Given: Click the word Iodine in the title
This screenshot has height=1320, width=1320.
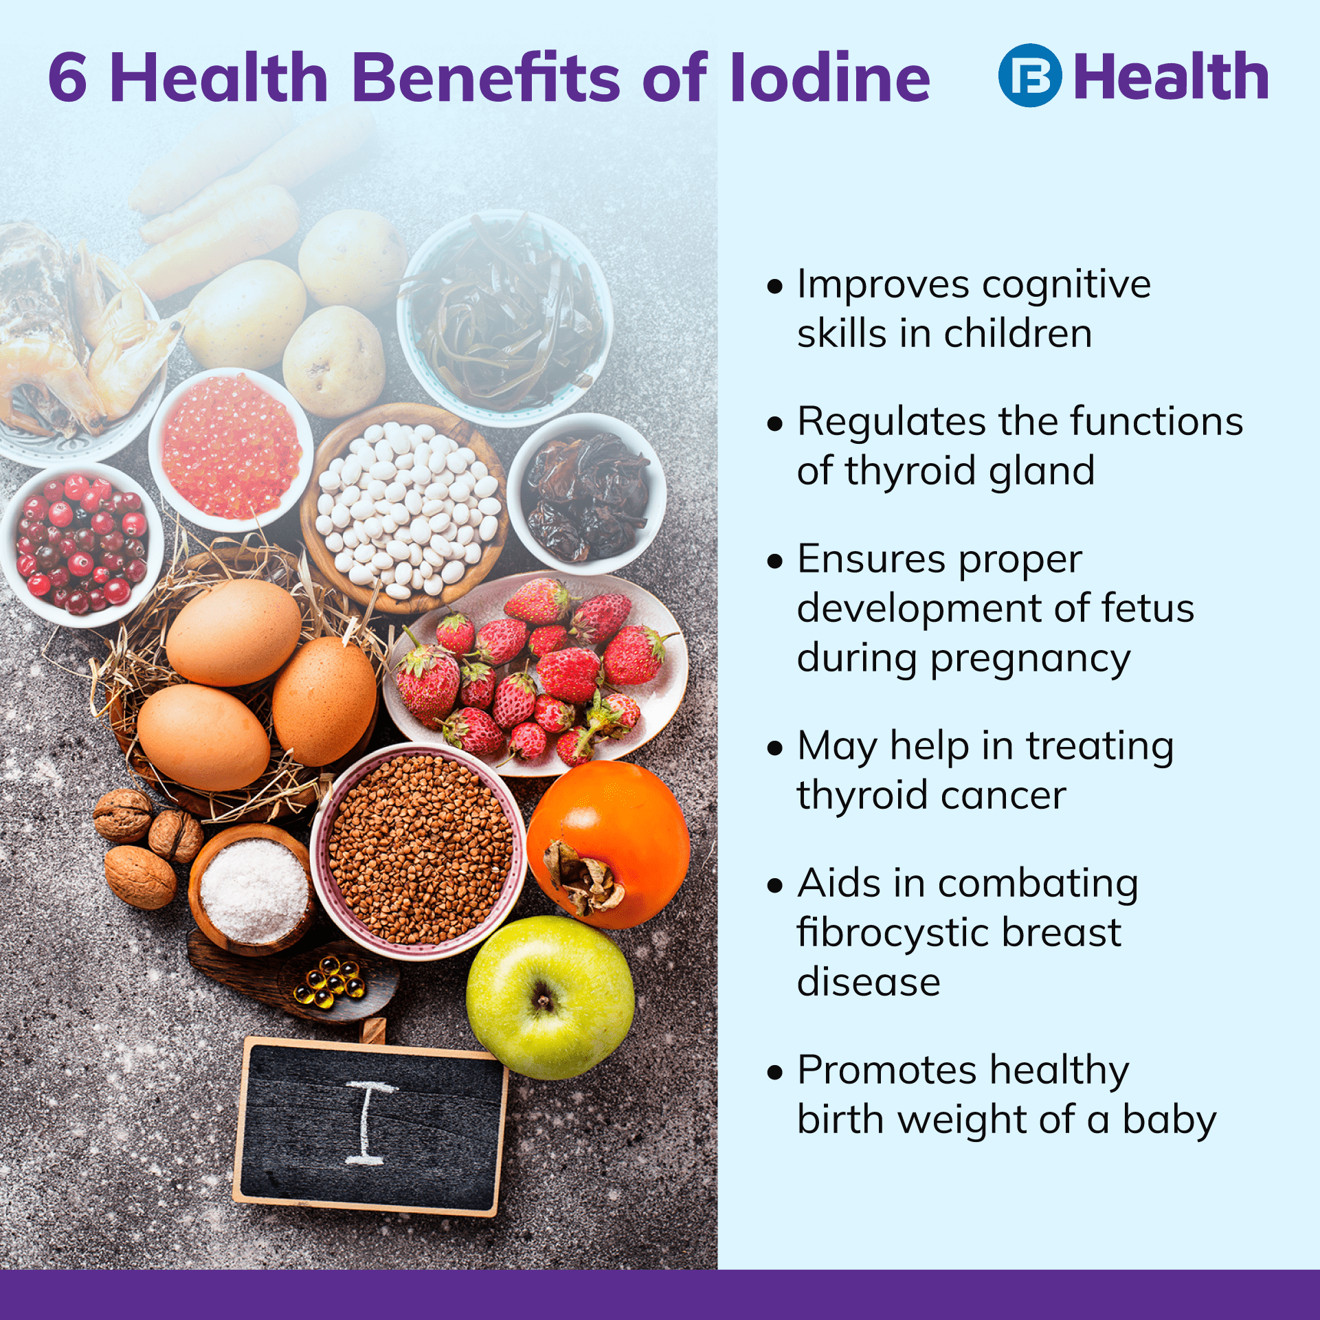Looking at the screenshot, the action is tap(830, 77).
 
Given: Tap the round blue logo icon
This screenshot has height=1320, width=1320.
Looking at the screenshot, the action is tap(1030, 76).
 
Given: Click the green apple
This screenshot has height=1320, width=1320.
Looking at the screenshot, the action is tap(550, 998).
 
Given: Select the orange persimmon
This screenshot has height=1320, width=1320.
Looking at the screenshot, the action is tap(609, 844).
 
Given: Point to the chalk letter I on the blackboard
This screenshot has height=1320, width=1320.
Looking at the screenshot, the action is tap(370, 1123).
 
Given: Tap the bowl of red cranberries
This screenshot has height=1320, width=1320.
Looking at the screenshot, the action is tap(81, 544).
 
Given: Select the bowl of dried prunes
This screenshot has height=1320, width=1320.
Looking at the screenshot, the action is tap(587, 493).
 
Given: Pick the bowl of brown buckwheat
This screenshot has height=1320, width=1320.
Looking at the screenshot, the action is tap(418, 851).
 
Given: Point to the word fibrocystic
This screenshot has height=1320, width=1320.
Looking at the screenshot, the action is tap(893, 932).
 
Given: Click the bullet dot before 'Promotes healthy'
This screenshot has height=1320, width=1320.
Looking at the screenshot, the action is tap(775, 1071).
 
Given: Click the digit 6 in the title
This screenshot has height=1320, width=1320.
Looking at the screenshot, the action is tap(68, 77).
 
